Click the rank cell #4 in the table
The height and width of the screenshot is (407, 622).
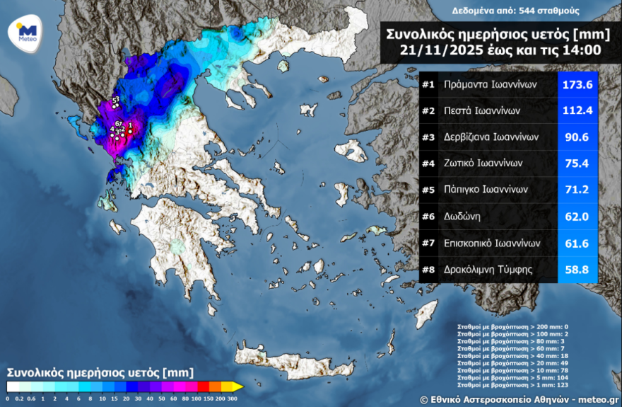428,164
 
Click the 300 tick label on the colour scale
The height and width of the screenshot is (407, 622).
232,399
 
